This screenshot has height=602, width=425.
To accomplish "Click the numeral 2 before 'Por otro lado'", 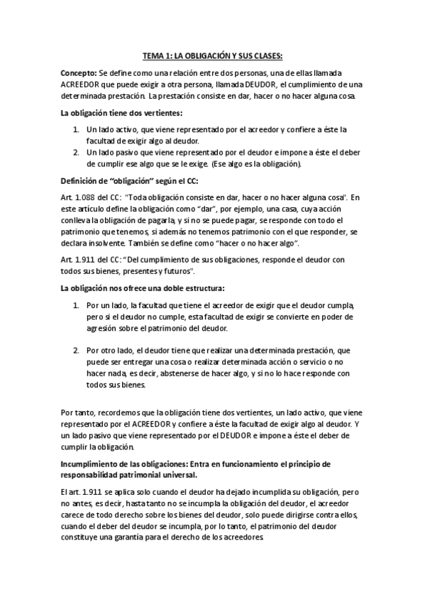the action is click(77, 351).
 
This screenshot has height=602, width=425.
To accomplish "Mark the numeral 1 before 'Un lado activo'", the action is click(77, 131).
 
